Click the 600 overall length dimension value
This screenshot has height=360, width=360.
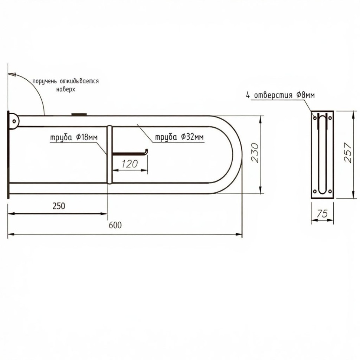pyautogui.click(x=115, y=225)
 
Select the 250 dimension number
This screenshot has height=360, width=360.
pyautogui.click(x=59, y=206)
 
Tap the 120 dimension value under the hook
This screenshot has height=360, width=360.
pyautogui.click(x=130, y=164)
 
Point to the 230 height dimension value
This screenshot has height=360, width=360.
pyautogui.click(x=255, y=153)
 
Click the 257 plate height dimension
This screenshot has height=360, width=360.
pyautogui.click(x=348, y=153)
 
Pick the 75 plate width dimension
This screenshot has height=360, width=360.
pyautogui.click(x=322, y=214)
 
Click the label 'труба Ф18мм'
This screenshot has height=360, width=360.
pyautogui.click(x=74, y=138)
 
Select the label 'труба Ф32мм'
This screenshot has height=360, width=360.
pyautogui.click(x=180, y=137)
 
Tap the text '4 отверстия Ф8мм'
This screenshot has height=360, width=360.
pyautogui.click(x=280, y=95)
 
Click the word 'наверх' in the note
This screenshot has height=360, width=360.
pyautogui.click(x=66, y=89)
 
